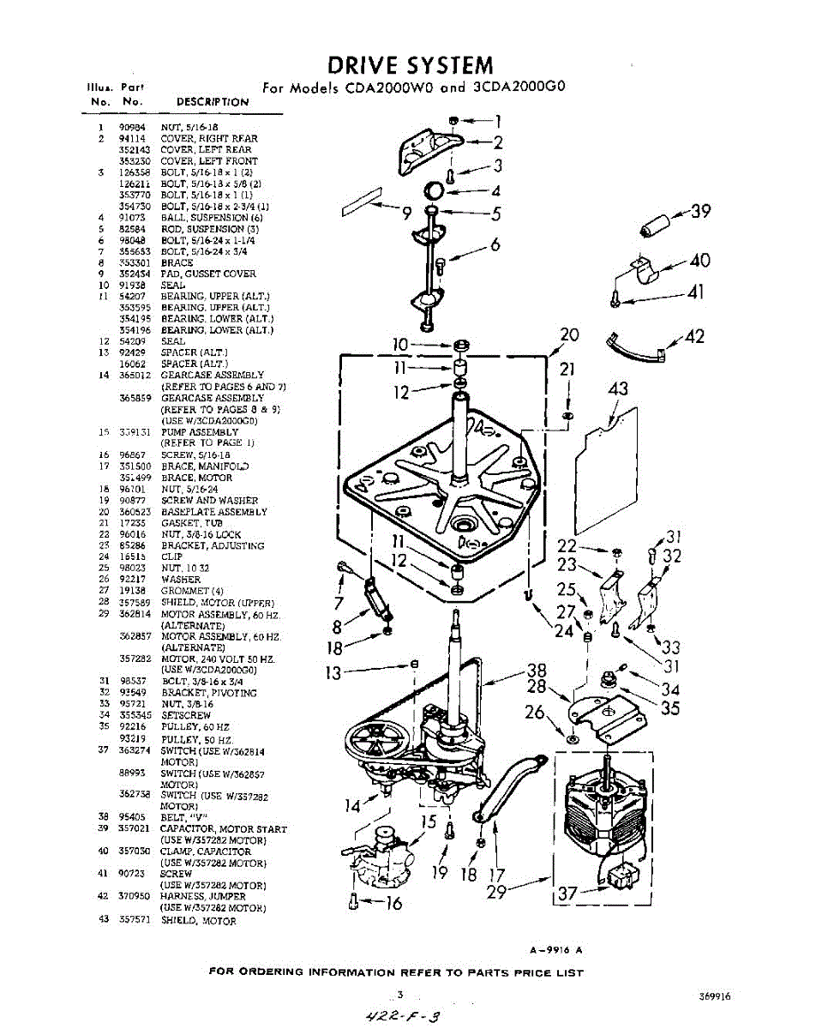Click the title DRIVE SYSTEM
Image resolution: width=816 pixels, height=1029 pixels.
411,65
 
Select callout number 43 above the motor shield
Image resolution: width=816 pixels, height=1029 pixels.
618,389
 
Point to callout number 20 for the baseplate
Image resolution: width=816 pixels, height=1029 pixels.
569,335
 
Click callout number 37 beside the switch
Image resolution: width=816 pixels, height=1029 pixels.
567,894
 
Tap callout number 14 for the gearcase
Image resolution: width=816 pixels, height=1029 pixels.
353,805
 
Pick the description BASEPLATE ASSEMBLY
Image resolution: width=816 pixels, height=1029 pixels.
213,512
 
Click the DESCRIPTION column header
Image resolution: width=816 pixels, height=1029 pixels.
213,102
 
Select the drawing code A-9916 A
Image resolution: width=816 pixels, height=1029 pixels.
555,949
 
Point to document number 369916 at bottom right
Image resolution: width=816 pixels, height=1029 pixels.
714,997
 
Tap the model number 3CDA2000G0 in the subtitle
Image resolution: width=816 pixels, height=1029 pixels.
520,87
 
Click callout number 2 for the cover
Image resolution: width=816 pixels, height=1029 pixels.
498,143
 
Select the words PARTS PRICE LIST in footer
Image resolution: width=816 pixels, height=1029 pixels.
527,972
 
